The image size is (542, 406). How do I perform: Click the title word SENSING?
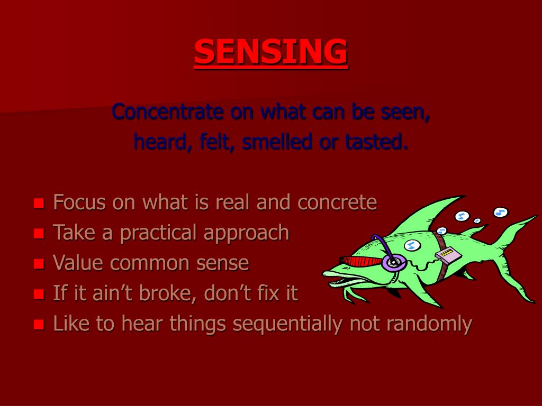coord(270,52)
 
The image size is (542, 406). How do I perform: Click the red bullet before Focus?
coord(38,204)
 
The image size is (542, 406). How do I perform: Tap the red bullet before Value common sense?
coord(38,264)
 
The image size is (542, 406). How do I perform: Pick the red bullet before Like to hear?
coord(38,325)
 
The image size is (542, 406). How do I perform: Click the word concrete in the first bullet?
coord(337,202)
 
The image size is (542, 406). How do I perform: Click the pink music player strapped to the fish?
coord(448,256)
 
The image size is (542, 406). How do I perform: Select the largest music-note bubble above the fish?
coord(501,212)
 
